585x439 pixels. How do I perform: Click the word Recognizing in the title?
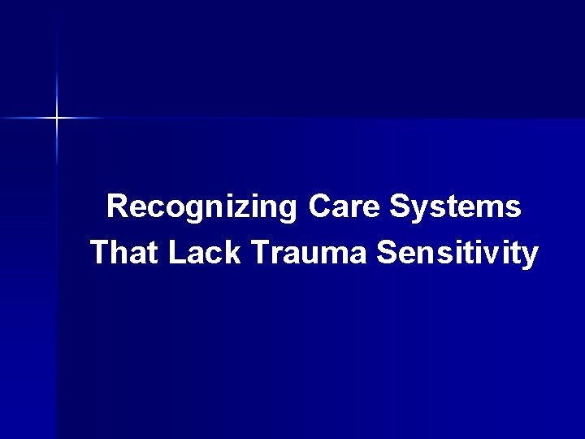pyautogui.click(x=202, y=207)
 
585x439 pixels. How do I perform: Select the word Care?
pyautogui.click(x=344, y=207)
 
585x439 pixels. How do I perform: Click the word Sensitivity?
pyautogui.click(x=457, y=253)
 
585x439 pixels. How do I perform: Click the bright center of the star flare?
pyautogui.click(x=58, y=119)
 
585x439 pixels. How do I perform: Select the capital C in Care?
pyautogui.click(x=319, y=207)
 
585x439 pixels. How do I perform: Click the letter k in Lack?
pyautogui.click(x=236, y=253)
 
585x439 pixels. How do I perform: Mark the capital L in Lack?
pyautogui.click(x=177, y=253)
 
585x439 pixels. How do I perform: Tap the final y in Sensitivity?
pyautogui.click(x=530, y=257)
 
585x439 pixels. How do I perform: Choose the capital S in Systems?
pyautogui.click(x=399, y=207)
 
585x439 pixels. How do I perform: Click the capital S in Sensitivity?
pyautogui.click(x=387, y=253)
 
